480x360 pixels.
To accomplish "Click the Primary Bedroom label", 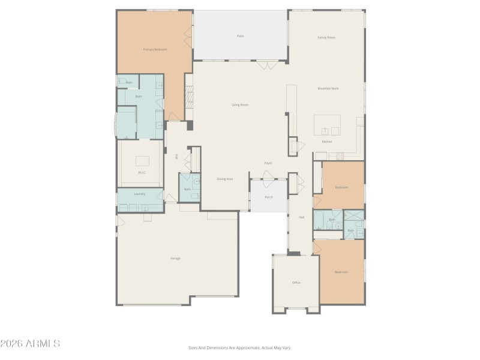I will coord(155,49).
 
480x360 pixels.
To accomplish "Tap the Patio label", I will coord(240,36).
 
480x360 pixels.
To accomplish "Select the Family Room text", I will coord(326,37).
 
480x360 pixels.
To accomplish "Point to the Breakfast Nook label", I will coord(328,88).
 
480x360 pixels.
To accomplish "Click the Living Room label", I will coord(240,105).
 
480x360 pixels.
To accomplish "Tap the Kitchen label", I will coord(327,142).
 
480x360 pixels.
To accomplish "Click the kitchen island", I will coord(327,125).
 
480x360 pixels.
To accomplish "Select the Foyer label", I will coord(268,163).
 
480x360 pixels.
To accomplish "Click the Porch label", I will coord(269,197).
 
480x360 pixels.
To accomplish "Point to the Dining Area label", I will coord(225,179).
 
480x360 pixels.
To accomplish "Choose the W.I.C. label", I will coord(142,173).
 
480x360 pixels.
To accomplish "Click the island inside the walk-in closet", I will coord(142,161).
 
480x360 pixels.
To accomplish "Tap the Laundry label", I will coord(140,194).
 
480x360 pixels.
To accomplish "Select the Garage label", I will coord(175,258).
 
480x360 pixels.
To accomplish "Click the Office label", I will coord(296,282).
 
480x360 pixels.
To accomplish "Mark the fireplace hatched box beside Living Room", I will coord(189,96).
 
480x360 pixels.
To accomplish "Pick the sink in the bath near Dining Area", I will coord(197,181).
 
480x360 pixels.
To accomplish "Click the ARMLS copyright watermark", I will coord(30,344).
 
